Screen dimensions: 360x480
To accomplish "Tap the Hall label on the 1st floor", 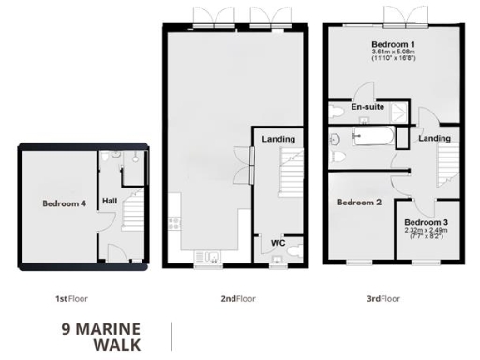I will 110,200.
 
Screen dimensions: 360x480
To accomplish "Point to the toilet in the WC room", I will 294,251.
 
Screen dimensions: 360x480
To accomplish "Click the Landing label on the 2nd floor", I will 279,140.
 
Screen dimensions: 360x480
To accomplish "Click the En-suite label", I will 367,107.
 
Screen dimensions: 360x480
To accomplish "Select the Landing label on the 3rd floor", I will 433,139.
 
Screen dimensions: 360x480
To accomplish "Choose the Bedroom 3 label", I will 426,220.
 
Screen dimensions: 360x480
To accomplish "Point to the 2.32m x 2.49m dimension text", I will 426,230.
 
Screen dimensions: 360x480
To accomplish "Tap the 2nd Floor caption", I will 238,298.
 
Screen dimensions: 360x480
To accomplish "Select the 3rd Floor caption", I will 382,298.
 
